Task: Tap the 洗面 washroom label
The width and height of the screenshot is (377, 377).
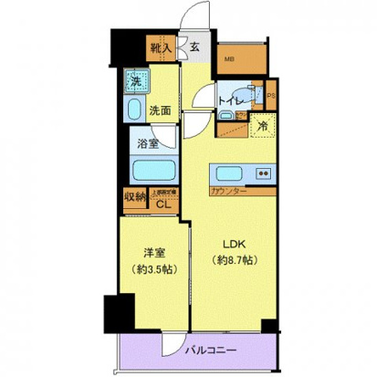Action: (x=162, y=110)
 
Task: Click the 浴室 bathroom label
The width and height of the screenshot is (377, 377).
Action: (x=149, y=142)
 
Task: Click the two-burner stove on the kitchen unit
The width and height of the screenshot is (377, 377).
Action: (x=264, y=173)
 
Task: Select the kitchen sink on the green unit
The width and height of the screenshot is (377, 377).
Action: (x=227, y=173)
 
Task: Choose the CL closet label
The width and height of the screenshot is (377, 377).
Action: (x=163, y=203)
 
